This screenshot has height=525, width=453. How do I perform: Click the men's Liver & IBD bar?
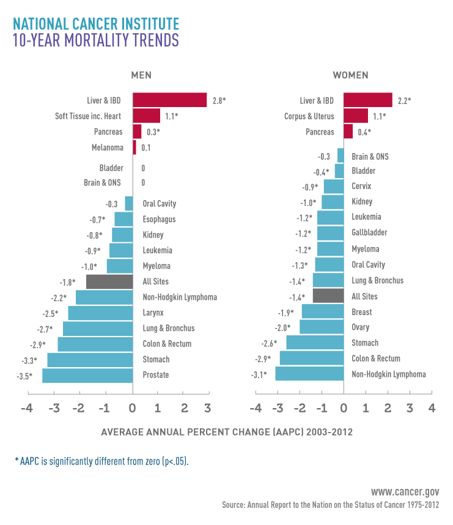(x=169, y=100)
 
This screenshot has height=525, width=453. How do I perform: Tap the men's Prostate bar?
(x=87, y=375)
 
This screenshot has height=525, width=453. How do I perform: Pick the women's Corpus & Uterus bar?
(x=356, y=116)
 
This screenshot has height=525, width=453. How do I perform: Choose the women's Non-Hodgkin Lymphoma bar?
(x=309, y=374)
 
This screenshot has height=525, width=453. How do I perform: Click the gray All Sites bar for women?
(x=328, y=296)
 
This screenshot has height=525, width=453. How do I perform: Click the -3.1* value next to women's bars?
(x=259, y=374)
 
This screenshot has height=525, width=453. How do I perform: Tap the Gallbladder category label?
(x=369, y=233)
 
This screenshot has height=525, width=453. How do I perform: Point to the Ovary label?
(x=361, y=327)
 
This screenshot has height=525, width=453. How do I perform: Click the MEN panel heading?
(x=141, y=75)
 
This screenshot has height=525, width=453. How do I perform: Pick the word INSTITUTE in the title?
(x=149, y=24)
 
